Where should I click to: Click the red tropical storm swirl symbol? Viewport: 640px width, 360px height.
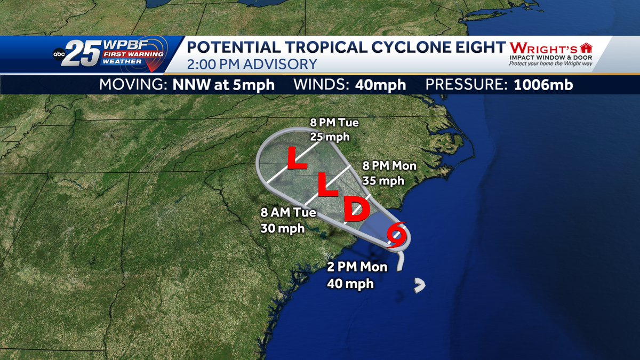pyautogui.click(x=397, y=236)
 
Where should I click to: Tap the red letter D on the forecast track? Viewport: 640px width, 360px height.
pyautogui.click(x=356, y=209)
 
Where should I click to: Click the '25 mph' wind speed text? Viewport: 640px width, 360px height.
pyautogui.click(x=330, y=137)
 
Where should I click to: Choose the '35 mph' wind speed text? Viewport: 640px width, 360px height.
pyautogui.click(x=383, y=180)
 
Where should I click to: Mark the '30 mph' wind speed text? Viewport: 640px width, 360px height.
pyautogui.click(x=283, y=228)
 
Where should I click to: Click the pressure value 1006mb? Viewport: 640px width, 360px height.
pyautogui.click(x=543, y=85)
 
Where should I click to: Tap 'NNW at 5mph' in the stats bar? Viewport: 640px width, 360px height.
pyautogui.click(x=224, y=85)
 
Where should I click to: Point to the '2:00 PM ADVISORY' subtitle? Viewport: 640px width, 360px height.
pyautogui.click(x=252, y=64)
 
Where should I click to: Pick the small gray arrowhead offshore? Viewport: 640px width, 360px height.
pyautogui.click(x=421, y=286)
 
